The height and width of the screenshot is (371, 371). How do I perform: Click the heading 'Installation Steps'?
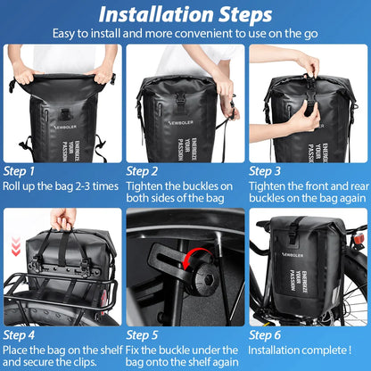tap(185, 14)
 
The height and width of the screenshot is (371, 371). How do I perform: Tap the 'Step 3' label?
tap(267, 170)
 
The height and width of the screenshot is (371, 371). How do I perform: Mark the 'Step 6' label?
tap(267, 335)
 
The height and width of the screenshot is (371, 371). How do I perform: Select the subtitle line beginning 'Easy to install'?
tap(185, 34)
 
